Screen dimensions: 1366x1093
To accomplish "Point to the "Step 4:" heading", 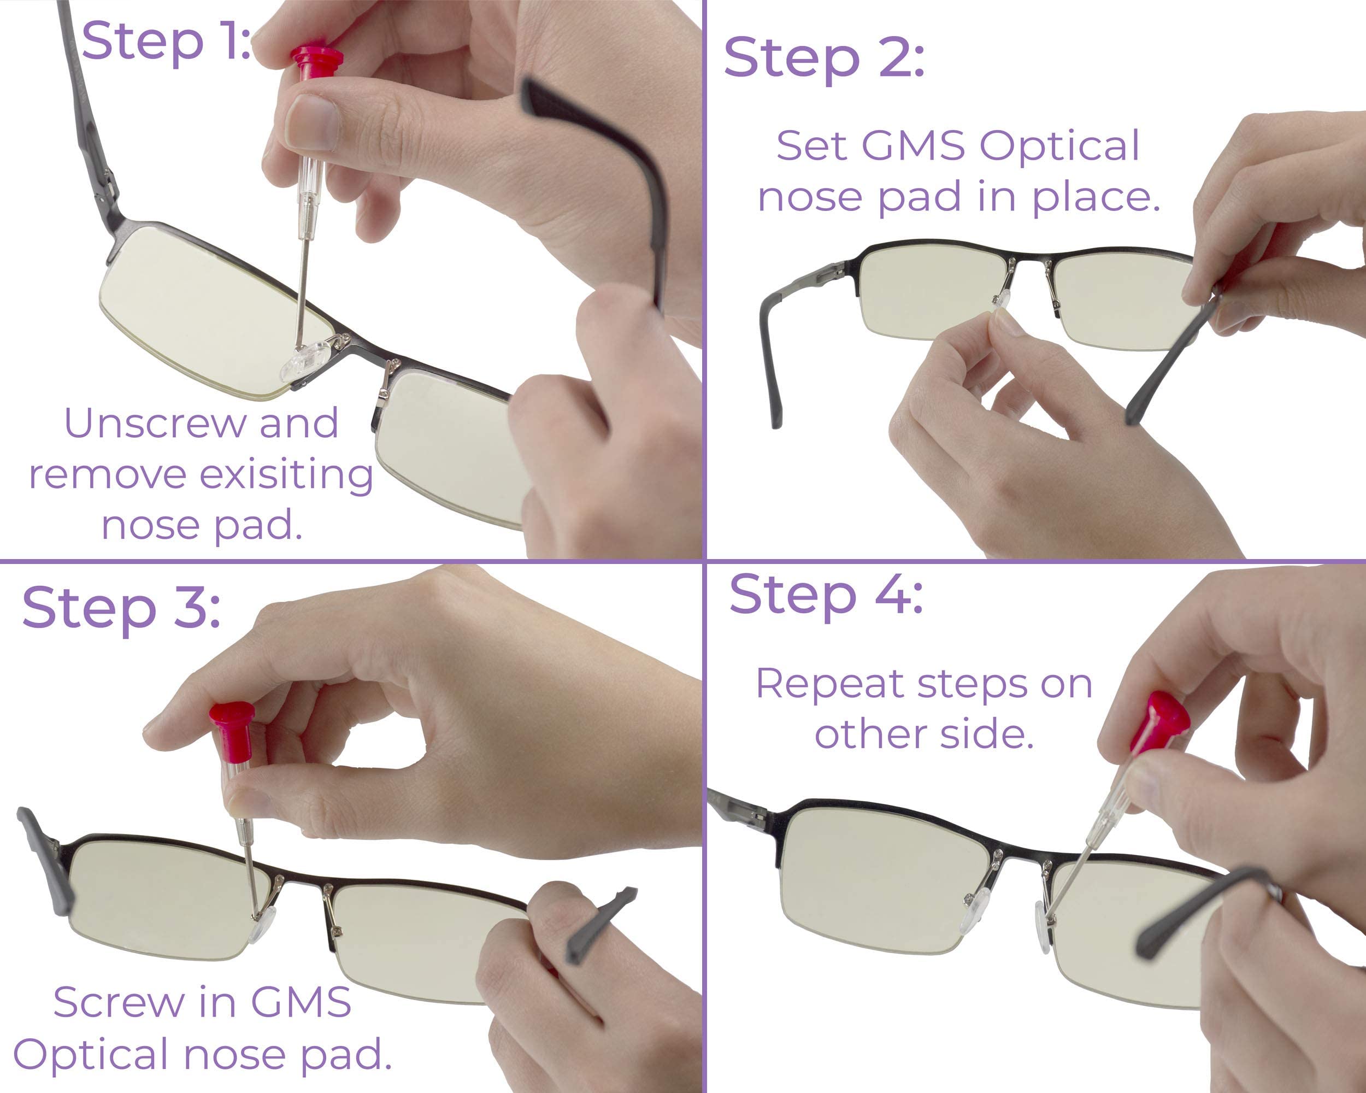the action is coord(826,596).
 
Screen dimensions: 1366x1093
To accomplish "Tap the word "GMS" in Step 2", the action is coord(914,146).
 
